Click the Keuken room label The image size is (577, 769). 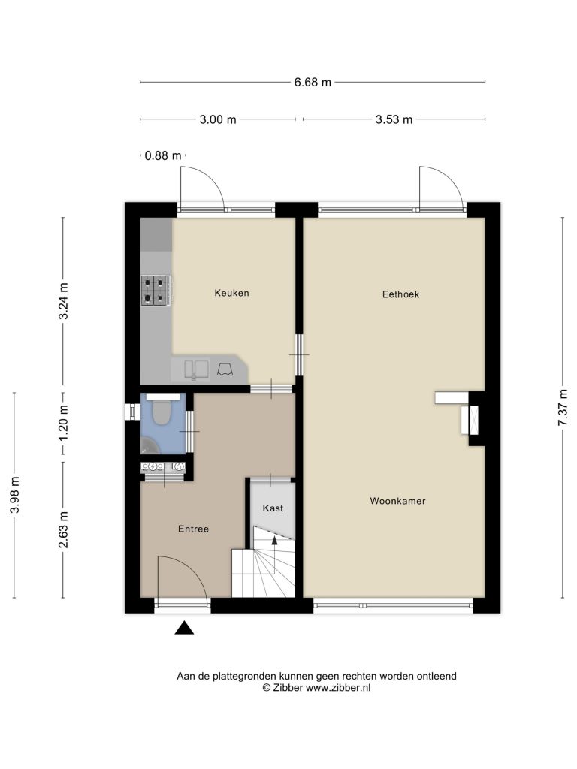(x=231, y=293)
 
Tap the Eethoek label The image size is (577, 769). (x=401, y=294)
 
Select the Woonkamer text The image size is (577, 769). (x=398, y=501)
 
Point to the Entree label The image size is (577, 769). (x=193, y=529)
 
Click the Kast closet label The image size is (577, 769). (x=273, y=508)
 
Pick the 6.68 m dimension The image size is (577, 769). (x=313, y=83)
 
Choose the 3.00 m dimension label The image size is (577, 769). (x=218, y=119)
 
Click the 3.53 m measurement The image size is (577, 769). (x=394, y=119)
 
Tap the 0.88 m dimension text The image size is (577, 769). (x=163, y=156)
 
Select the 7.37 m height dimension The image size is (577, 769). (x=563, y=408)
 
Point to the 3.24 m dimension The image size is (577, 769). (x=63, y=301)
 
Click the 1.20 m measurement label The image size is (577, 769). (x=63, y=423)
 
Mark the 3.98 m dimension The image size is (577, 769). (x=15, y=496)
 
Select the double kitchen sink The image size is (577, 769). (x=196, y=369)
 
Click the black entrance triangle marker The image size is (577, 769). (x=184, y=627)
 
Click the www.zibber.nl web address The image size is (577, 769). (x=338, y=688)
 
